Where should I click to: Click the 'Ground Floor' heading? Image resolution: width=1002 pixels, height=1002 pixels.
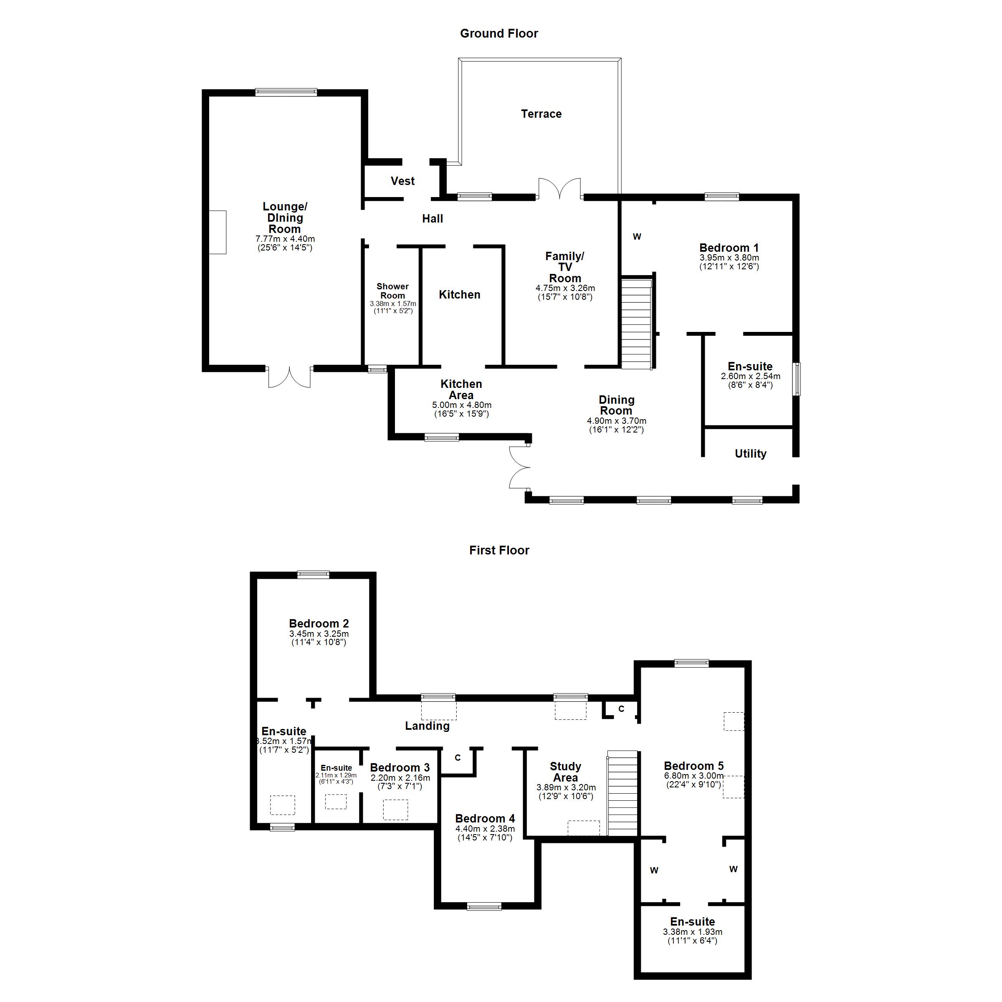499,34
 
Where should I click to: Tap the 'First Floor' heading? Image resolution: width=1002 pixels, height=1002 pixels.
499,550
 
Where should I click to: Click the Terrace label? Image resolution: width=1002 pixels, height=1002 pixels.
541,114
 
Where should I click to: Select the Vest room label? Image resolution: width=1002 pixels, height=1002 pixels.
402,181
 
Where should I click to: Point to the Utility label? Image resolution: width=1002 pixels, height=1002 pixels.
750,454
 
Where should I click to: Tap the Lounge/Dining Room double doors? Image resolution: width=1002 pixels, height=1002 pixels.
289,377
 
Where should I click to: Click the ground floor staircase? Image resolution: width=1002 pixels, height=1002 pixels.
636,323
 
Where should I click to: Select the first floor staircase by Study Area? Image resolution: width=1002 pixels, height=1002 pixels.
622,793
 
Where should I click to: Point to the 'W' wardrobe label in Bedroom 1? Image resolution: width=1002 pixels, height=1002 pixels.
637,236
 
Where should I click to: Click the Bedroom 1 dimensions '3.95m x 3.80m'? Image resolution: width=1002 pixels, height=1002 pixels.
729,258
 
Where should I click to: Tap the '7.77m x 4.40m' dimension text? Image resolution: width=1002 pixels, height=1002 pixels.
285,239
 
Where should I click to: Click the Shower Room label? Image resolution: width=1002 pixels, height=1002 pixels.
392,291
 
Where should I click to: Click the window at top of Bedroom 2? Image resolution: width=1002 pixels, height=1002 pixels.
313,574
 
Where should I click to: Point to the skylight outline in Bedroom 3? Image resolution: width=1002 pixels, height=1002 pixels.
395,810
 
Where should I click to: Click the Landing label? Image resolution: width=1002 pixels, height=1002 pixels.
427,726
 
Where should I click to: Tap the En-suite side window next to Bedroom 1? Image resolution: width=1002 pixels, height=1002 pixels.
796,379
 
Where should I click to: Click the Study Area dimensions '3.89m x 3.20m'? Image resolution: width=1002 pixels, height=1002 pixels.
566,787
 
